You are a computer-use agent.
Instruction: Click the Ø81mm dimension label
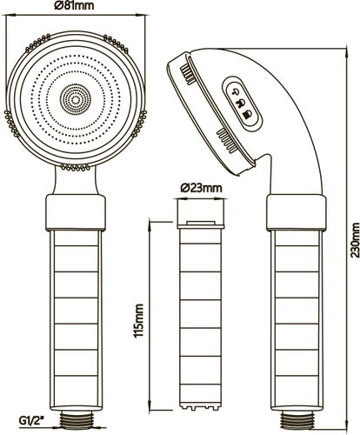[74, 5]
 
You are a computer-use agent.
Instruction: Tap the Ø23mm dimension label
[201, 188]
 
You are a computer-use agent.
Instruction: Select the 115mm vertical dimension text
[138, 320]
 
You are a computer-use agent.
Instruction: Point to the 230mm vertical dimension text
[355, 240]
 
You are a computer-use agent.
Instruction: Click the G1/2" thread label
[33, 419]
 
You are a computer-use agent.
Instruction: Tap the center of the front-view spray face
[76, 100]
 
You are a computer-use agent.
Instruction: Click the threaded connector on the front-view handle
[76, 418]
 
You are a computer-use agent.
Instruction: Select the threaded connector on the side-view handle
[296, 418]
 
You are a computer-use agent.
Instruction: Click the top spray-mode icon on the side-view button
[236, 92]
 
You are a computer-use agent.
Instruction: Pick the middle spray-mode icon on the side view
[241, 104]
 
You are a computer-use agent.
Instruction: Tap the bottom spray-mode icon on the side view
[248, 114]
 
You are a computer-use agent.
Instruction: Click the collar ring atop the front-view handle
[76, 212]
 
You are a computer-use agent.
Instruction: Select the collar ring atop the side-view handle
[297, 212]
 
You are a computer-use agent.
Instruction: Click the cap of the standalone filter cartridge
[201, 213]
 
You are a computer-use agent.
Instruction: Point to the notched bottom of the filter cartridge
[201, 405]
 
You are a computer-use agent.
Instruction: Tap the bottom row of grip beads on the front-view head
[75, 167]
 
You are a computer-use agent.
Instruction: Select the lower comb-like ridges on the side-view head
[226, 140]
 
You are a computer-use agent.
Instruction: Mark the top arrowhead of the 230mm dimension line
[347, 52]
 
